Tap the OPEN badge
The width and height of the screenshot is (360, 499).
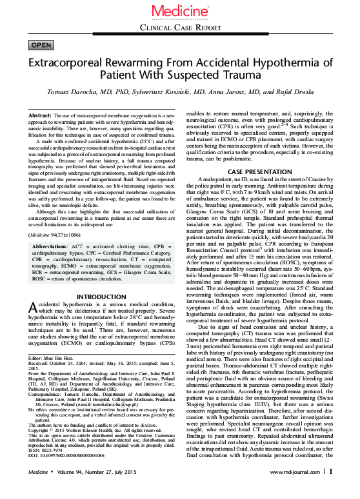coord(41,46)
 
